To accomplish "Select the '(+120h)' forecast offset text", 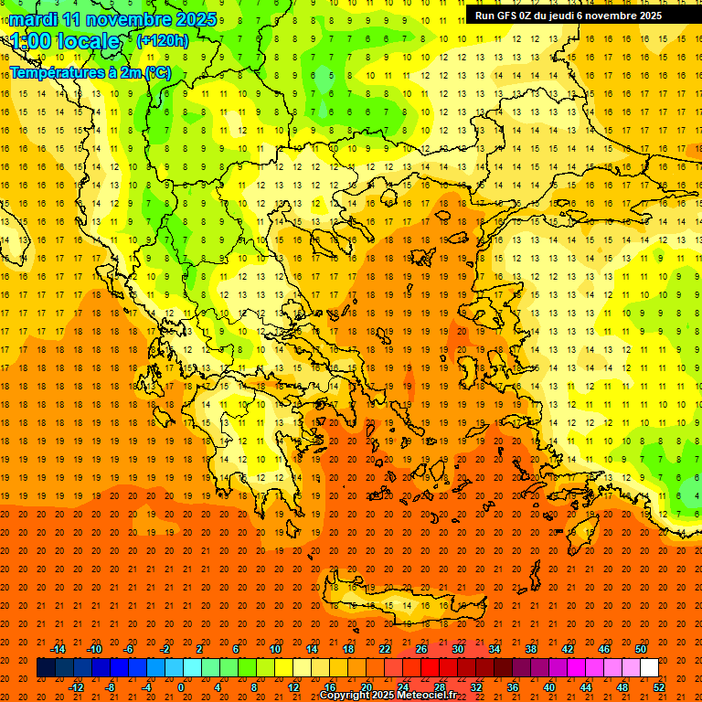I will (163, 40).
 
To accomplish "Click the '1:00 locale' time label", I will (65, 41).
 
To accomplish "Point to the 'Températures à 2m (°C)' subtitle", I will (90, 72).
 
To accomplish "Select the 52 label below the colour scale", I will (660, 686).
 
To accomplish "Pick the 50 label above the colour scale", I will (641, 649).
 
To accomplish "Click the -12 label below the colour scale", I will (76, 686).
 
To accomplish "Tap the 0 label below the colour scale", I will (181, 686).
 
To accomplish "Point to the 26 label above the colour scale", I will (421, 649).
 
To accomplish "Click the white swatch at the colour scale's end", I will (650, 668).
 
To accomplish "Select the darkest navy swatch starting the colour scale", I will (46, 668).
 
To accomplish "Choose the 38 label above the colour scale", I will (531, 649).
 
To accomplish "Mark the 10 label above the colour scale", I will (275, 649).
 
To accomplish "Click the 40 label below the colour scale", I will (549, 686).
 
